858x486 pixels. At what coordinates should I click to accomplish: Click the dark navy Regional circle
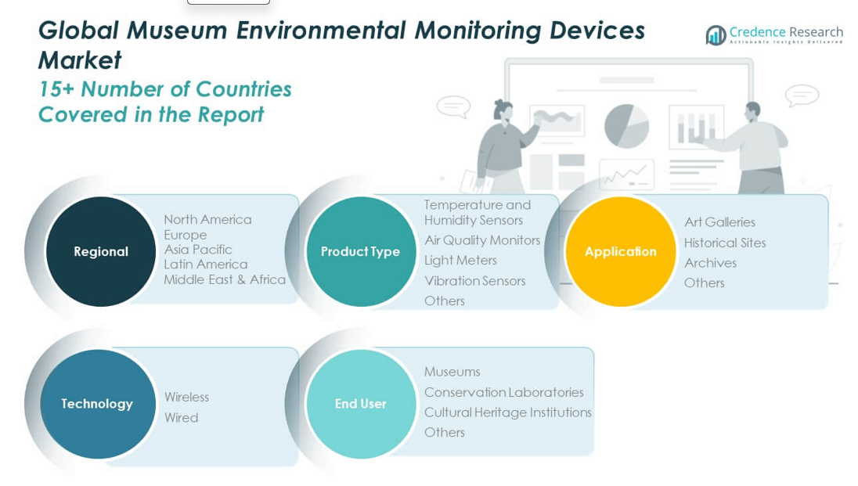[100, 251]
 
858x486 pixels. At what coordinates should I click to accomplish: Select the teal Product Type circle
[360, 251]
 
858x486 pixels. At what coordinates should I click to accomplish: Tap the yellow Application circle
[620, 251]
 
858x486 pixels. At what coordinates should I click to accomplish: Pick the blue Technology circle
[97, 404]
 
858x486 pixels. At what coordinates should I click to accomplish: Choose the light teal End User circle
[360, 404]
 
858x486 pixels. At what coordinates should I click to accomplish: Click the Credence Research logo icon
[716, 34]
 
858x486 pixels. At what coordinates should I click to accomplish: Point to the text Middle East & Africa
[225, 279]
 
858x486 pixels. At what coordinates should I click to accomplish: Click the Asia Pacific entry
[198, 250]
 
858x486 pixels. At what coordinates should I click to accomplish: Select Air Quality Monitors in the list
[482, 240]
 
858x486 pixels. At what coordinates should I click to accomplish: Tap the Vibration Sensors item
[474, 280]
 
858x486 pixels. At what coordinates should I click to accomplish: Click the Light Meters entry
[460, 260]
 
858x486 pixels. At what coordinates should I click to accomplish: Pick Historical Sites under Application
[725, 243]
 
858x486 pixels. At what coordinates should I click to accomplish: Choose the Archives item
[710, 263]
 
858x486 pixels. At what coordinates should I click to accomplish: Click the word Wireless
[186, 397]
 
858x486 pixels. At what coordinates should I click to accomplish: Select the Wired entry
[181, 418]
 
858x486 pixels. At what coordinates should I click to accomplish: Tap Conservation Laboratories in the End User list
[503, 392]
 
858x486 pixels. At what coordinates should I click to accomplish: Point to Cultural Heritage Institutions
[507, 412]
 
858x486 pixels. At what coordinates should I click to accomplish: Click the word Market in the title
[80, 60]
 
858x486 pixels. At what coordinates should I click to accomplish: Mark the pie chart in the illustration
[626, 125]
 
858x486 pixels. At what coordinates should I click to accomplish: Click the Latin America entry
[205, 265]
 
